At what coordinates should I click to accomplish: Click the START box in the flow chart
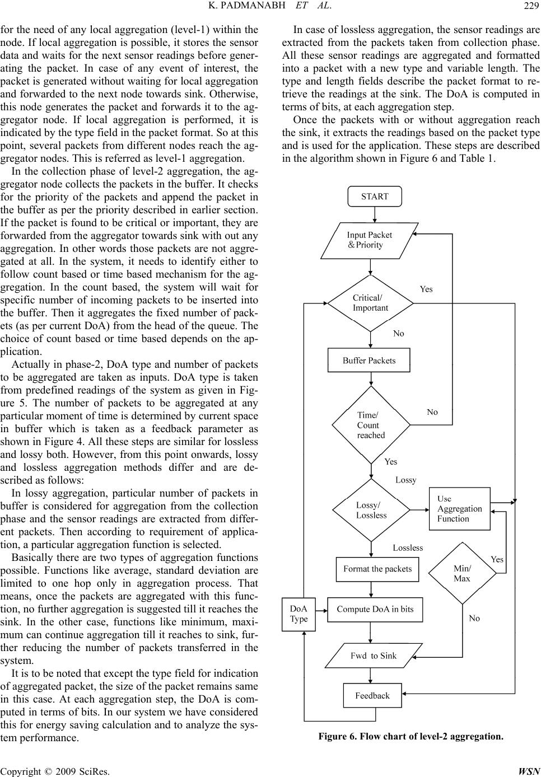coord(375,196)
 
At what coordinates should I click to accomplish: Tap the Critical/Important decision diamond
coord(370,303)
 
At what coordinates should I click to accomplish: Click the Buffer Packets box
coord(369,361)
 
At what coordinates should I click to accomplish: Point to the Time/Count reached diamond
coord(371,425)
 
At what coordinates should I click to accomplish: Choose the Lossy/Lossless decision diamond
coord(371,510)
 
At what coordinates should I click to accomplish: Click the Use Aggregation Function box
coord(459,509)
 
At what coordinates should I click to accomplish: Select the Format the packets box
coord(377,569)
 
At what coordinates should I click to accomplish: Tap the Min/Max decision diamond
coord(462,573)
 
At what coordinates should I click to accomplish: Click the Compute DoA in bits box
coord(375,609)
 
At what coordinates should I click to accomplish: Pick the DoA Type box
coord(299,614)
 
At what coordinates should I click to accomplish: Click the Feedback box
coord(372,696)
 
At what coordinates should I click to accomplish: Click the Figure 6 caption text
coord(411,736)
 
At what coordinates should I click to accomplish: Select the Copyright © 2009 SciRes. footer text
coord(55,771)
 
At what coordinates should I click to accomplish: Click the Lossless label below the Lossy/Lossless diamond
coord(408,547)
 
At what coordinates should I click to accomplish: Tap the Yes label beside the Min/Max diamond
coord(497,559)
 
